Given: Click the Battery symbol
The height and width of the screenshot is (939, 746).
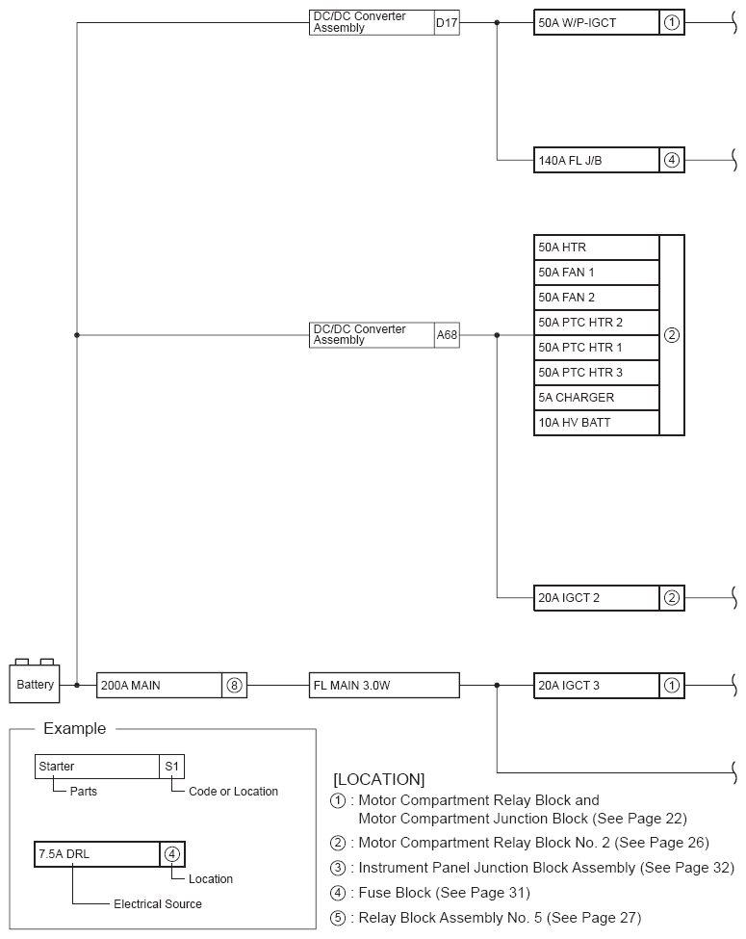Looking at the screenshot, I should (36, 684).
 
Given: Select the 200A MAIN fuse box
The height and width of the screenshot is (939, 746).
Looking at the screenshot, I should (159, 686).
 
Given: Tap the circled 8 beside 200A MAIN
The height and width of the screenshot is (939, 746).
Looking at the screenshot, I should (234, 686).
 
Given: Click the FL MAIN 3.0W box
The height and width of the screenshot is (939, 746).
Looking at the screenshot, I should (384, 686).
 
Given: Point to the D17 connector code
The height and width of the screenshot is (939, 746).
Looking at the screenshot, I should (447, 22).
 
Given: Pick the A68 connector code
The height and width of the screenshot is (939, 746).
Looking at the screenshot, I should (447, 335).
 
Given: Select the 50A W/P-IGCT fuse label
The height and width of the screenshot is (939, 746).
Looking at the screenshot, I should (597, 22).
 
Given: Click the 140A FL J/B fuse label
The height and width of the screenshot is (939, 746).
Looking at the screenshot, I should (597, 160).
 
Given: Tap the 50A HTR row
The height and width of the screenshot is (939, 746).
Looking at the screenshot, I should (597, 248).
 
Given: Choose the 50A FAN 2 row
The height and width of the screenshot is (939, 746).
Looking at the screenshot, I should (597, 298).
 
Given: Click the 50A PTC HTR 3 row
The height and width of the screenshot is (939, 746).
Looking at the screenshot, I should (597, 373).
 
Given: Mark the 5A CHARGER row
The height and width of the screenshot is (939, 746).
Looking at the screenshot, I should (597, 398).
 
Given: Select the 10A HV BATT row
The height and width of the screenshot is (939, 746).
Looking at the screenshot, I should (597, 423).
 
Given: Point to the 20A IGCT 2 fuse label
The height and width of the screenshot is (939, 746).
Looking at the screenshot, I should (597, 598).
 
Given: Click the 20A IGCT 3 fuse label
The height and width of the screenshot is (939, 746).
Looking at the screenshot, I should (597, 686).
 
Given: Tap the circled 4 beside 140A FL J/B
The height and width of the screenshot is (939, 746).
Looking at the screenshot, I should (672, 160).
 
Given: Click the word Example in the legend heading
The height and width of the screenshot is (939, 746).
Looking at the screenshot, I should (75, 729).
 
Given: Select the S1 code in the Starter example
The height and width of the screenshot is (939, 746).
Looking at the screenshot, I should (172, 767).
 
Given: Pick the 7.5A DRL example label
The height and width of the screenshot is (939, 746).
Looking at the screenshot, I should (96, 854).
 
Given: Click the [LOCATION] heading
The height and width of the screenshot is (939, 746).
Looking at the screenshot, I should (378, 778).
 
